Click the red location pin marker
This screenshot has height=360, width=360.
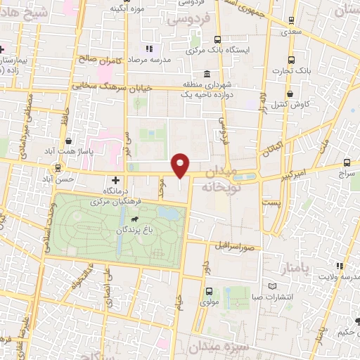coord(181,165)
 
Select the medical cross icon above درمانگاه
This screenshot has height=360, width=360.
coord(116,181)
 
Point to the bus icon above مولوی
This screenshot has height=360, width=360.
coord(209,291)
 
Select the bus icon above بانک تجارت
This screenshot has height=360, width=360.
coord(290,60)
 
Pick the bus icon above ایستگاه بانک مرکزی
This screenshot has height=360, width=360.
coord(217,40)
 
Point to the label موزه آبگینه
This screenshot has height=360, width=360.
coord(127,9)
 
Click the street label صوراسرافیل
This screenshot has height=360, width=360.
coord(233,247)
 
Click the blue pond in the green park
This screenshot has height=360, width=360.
coord(167,211)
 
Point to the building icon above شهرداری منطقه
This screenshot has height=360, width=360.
coord(206,75)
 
